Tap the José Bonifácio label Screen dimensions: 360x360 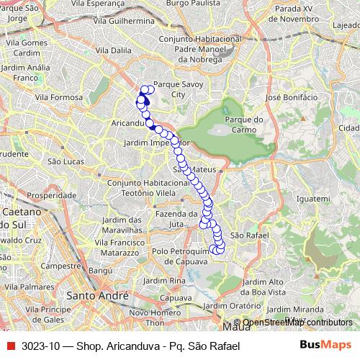tap(292, 96)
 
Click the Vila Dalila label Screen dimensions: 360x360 tap(112, 50)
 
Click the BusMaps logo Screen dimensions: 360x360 tap(323, 345)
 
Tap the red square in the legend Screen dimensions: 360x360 tap(10, 346)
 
